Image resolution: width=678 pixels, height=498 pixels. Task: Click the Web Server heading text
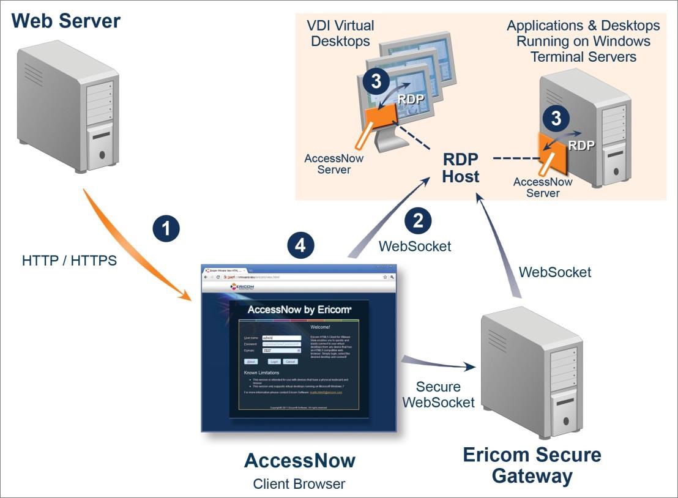coord(66,21)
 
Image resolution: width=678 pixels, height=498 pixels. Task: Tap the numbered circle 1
coord(166,230)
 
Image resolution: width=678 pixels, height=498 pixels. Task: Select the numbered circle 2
coord(418,221)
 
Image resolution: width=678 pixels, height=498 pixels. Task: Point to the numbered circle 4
coord(300,246)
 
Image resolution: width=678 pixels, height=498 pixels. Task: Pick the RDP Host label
coord(461,167)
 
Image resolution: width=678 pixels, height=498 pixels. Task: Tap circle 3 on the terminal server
coord(556,118)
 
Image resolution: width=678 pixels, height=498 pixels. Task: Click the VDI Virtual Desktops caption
coord(341,34)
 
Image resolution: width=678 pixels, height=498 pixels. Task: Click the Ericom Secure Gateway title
coord(532,466)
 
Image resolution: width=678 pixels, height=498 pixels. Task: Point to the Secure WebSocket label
coord(438,395)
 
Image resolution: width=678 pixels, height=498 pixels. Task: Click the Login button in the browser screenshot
coord(274,362)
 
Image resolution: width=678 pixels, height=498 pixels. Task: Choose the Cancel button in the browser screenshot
coord(290,362)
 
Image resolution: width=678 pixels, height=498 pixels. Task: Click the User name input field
coord(281,337)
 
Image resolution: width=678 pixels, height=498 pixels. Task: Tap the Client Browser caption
coord(299,484)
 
